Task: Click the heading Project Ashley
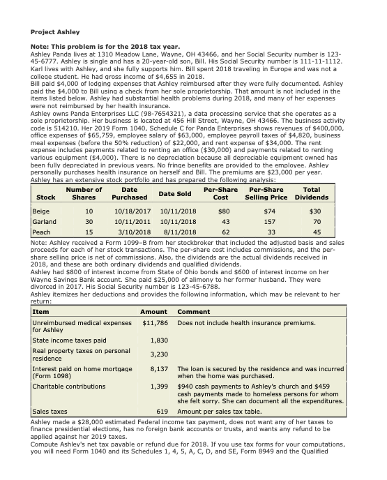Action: (x=56, y=32)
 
